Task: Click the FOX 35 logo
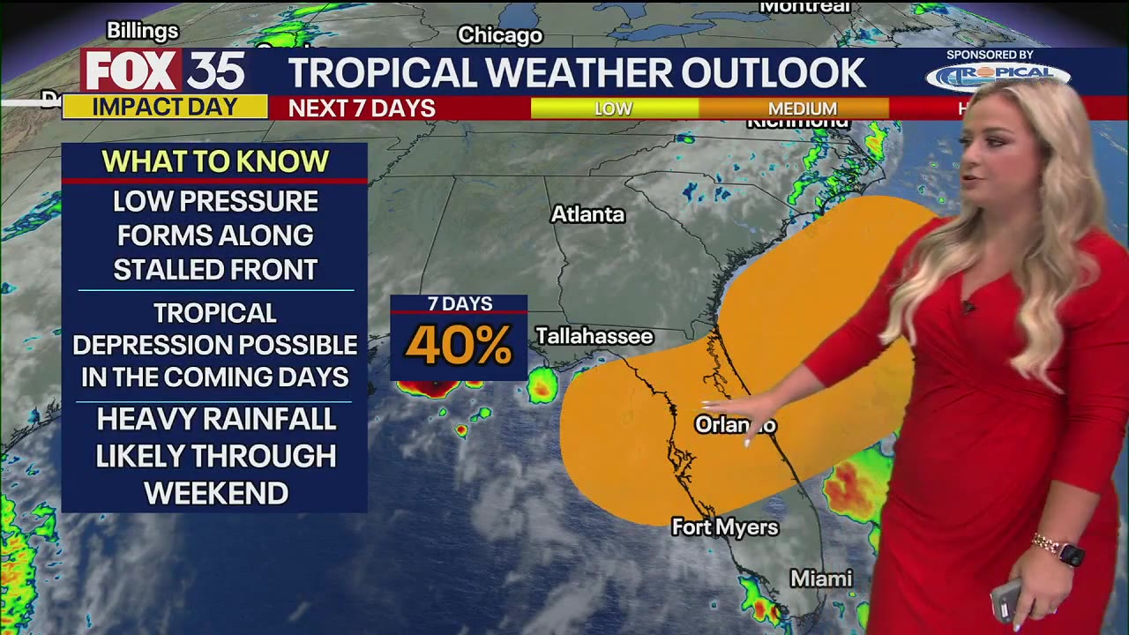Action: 164,71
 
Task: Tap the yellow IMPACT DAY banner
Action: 165,108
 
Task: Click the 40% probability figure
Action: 459,346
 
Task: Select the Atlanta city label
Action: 587,214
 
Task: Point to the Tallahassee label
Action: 594,336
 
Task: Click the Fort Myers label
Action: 725,527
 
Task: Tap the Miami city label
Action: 821,579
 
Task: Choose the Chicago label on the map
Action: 500,35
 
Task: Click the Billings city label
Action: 143,31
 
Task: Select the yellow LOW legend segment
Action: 614,108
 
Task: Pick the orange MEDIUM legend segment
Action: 802,108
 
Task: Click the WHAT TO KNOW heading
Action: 215,161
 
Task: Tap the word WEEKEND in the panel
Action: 216,494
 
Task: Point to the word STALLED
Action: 167,270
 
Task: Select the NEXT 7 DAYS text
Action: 362,108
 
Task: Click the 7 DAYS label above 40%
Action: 460,304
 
